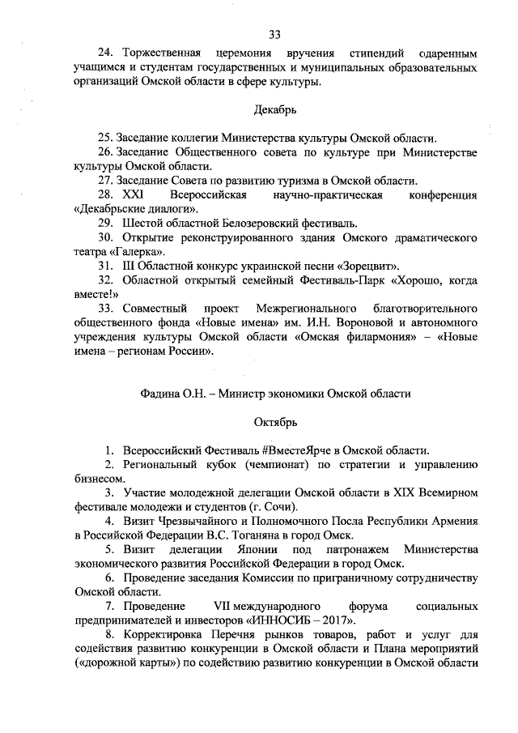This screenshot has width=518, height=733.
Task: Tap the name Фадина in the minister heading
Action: [161, 394]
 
